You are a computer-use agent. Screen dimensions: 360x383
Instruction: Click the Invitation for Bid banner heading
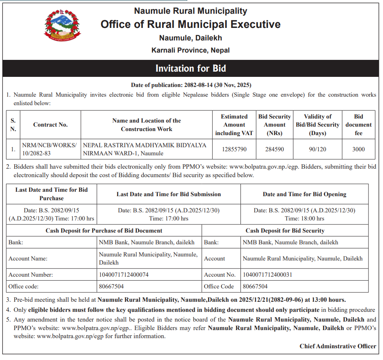(x=191, y=68)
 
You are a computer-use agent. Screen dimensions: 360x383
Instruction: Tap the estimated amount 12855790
(x=234, y=149)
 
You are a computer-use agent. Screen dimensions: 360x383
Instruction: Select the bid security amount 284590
(x=274, y=149)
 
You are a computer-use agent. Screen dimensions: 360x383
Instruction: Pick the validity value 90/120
(x=317, y=149)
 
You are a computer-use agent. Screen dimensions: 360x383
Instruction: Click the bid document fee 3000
(x=358, y=149)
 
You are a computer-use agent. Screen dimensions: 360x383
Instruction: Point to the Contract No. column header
(x=51, y=125)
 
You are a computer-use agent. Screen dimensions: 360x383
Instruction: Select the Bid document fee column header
(x=358, y=125)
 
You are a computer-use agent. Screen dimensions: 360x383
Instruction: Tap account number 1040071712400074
(x=123, y=275)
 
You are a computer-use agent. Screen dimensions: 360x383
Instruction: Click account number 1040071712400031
(x=267, y=275)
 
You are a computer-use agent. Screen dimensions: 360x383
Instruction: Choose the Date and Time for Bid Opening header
(x=304, y=194)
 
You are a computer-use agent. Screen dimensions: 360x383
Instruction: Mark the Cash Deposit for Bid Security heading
(x=285, y=231)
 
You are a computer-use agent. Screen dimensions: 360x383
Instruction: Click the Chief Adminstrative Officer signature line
(x=338, y=346)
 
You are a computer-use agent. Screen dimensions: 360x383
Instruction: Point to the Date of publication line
(x=191, y=85)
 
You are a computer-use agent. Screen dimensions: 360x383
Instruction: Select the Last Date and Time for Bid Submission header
(x=169, y=194)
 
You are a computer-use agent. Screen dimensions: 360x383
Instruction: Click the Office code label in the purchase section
(x=23, y=286)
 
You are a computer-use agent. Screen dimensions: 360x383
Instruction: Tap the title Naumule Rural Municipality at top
(x=191, y=11)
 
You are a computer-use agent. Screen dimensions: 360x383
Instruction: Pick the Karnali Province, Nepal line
(x=191, y=51)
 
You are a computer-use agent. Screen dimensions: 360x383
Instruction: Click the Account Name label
(x=28, y=258)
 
